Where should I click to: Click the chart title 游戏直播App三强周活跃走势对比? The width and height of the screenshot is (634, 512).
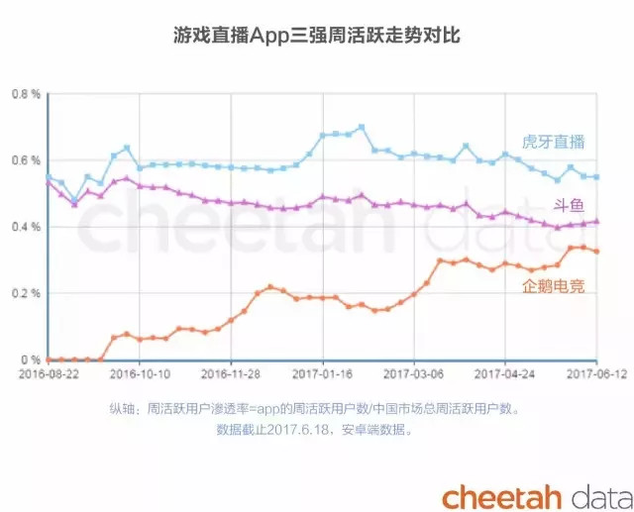(x=317, y=36)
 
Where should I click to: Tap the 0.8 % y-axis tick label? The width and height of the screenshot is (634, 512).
(x=25, y=94)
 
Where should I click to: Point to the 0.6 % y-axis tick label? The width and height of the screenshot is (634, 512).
(x=25, y=160)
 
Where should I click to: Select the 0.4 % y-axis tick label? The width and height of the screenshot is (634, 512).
(x=25, y=227)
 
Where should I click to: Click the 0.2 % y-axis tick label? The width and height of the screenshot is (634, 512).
(x=25, y=293)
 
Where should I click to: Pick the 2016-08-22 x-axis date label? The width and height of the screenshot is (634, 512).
(x=50, y=374)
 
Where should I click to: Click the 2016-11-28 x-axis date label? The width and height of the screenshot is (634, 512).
(x=232, y=374)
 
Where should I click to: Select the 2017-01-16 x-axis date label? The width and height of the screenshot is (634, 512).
(x=323, y=374)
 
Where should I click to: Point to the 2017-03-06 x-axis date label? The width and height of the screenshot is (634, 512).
(x=414, y=374)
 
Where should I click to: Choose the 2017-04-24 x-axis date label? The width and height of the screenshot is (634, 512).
(x=505, y=374)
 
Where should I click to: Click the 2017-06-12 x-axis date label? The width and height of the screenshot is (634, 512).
(x=591, y=374)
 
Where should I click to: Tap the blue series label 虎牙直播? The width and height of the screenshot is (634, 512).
(x=553, y=142)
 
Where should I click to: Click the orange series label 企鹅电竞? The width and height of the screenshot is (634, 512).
(x=553, y=287)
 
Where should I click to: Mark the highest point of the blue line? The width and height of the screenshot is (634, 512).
(x=362, y=127)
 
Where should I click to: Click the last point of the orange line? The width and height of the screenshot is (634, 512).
(x=596, y=252)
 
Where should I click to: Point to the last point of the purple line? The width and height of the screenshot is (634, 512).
(x=596, y=222)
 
